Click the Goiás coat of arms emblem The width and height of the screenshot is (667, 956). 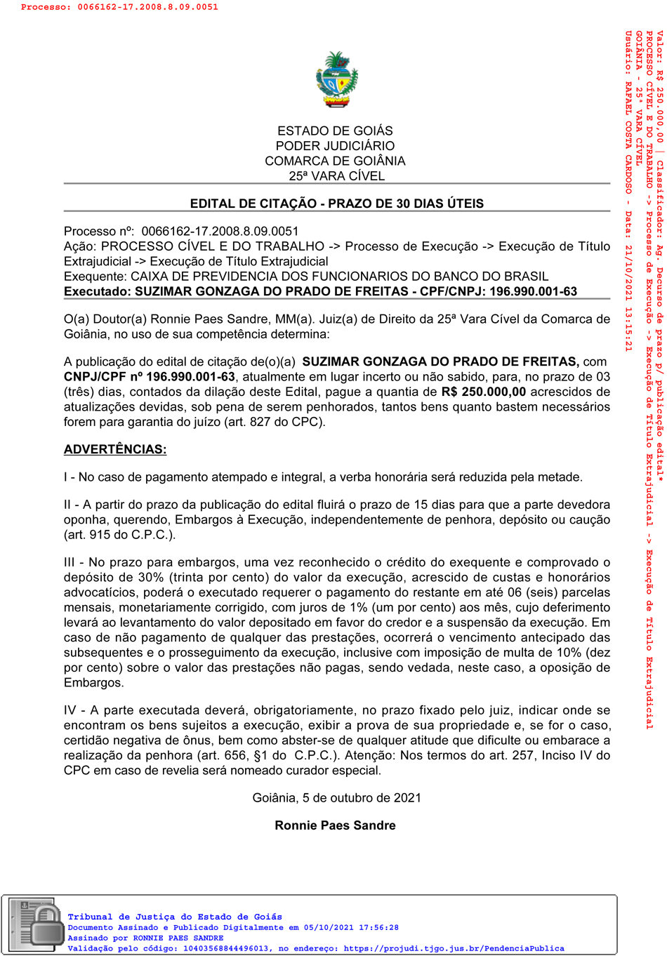[x=337, y=79]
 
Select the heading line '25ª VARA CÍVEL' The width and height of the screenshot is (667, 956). [x=336, y=176]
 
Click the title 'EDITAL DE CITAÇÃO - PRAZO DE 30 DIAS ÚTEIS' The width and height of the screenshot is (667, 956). [x=336, y=204]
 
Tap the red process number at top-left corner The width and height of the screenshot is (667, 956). [x=119, y=7]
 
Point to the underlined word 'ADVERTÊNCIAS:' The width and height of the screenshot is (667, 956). [x=115, y=449]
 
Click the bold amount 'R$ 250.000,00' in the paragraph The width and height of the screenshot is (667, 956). [x=483, y=392]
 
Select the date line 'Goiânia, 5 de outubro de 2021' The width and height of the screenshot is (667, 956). [x=336, y=798]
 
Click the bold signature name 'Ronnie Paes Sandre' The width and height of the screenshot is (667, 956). [x=335, y=825]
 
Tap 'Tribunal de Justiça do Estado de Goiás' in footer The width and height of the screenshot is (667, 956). [x=175, y=917]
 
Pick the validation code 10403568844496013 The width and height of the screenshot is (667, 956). [x=226, y=948]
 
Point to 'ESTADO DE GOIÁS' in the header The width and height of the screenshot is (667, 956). [x=335, y=131]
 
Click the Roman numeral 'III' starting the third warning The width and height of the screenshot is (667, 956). [x=70, y=562]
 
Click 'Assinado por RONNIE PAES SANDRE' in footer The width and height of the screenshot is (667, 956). [x=145, y=938]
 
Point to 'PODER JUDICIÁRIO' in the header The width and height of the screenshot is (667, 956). [x=335, y=146]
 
